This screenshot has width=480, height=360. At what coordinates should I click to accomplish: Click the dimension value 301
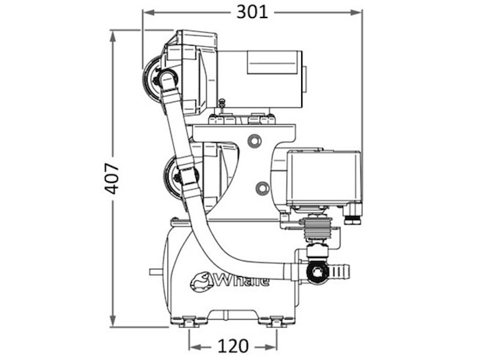[252, 12]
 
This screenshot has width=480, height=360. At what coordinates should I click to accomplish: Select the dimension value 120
[233, 346]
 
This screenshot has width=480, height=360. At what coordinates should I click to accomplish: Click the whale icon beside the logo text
[200, 281]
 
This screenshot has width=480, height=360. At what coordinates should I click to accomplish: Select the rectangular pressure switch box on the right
[325, 178]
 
